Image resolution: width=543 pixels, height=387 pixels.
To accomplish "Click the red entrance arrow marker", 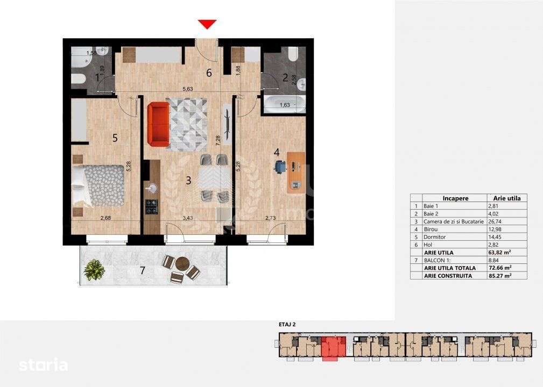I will pos(207,24).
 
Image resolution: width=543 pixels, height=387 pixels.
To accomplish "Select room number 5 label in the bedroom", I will pos(115,138).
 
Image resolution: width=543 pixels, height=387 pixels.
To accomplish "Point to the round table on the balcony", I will pos(182,264).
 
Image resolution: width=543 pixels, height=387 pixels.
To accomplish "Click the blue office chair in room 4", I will pos(279,167).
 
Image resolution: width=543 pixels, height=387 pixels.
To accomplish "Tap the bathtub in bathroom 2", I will pos(284,103).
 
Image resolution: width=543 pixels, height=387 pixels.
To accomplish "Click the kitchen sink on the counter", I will pos(151,188).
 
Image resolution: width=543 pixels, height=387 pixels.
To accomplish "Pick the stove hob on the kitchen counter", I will pos(152,204).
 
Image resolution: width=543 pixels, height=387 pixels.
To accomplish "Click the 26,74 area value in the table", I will pos(494,221).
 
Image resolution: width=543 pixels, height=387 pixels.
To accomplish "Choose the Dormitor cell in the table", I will pos(435,236).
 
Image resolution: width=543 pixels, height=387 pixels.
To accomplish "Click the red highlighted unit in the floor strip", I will pos(334,344).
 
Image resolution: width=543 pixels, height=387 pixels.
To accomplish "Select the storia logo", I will pos(44,365).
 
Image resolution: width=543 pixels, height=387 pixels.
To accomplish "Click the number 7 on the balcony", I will pos(142,270).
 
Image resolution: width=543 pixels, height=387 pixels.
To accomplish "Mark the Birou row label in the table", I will pos(431,228).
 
